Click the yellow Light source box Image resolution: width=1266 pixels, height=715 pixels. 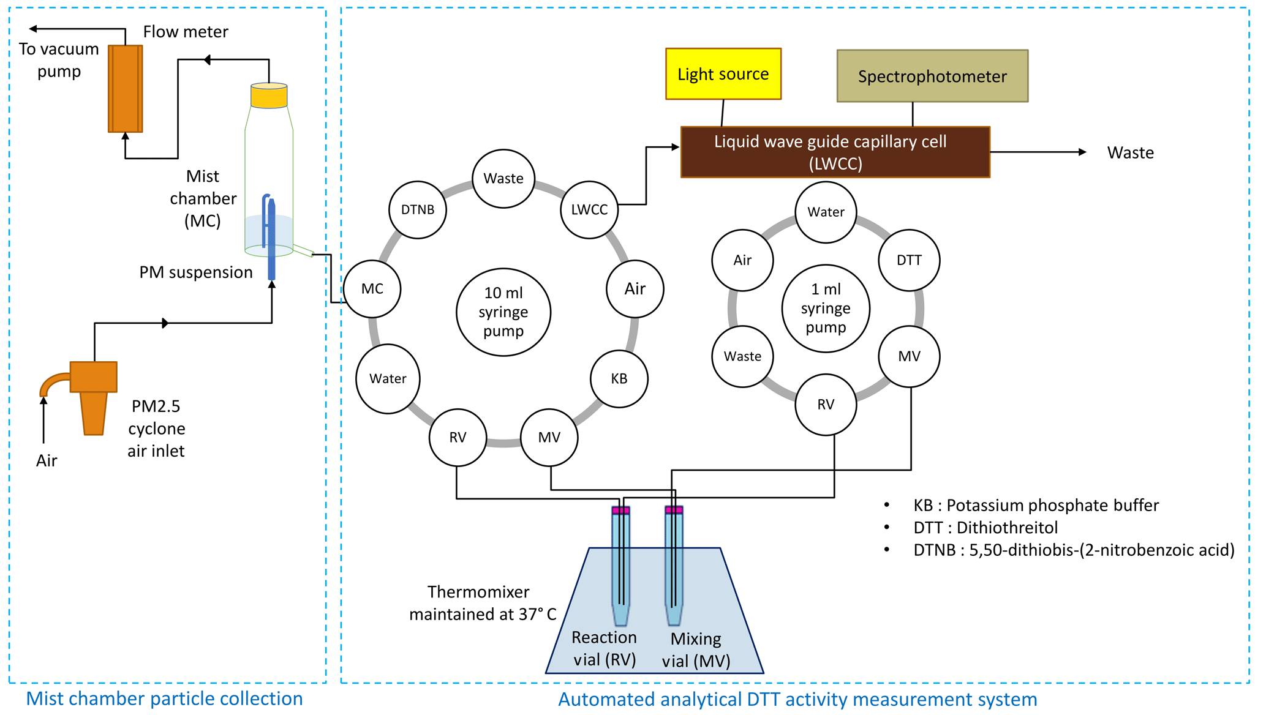(x=723, y=74)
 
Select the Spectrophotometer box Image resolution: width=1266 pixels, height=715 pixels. (x=932, y=77)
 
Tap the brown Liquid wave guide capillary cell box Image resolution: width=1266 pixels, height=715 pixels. (x=835, y=152)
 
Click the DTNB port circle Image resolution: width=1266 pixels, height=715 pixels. (x=418, y=210)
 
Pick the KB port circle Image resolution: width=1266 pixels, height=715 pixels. (x=619, y=379)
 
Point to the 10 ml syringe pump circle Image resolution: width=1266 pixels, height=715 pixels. (x=503, y=312)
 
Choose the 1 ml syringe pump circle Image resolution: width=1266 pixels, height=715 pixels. (x=826, y=309)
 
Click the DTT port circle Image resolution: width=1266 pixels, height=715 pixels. (x=909, y=260)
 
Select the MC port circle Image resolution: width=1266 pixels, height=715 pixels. (x=372, y=289)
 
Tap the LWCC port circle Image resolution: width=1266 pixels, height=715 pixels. (x=589, y=210)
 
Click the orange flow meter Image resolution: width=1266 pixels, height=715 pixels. (x=126, y=89)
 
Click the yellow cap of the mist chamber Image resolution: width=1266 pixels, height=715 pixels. (x=269, y=95)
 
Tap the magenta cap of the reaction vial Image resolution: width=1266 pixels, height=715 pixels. (x=620, y=510)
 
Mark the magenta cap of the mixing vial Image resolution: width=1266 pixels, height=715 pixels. (x=674, y=510)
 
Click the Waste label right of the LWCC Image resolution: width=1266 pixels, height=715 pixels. (x=1130, y=152)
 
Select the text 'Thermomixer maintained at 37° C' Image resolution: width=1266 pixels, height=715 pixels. (x=482, y=603)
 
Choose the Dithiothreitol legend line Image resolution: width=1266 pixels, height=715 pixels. (x=985, y=528)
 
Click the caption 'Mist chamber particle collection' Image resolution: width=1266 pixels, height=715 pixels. (x=164, y=698)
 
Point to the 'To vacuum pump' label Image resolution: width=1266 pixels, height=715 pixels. (x=59, y=60)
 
